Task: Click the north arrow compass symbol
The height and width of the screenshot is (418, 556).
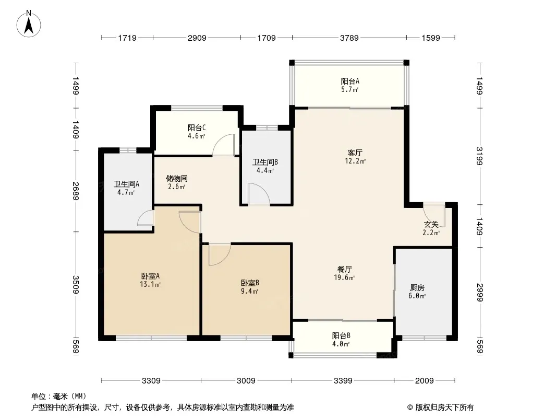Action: click(x=29, y=24)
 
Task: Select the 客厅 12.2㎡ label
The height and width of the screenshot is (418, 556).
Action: click(x=355, y=157)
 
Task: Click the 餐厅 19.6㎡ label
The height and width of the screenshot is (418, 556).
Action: click(x=344, y=273)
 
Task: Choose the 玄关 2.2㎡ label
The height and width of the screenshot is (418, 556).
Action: click(x=431, y=228)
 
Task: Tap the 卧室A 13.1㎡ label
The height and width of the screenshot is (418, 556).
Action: click(x=150, y=280)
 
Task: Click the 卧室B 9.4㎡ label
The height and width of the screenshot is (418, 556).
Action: click(x=250, y=287)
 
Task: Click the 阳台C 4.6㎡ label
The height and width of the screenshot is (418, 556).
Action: click(x=197, y=131)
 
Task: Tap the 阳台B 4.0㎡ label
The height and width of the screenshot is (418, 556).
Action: click(x=341, y=340)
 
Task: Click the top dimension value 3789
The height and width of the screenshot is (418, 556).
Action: click(x=349, y=38)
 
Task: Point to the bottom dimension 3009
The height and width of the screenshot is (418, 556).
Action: click(x=246, y=381)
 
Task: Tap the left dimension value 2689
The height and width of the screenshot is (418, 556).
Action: click(x=76, y=191)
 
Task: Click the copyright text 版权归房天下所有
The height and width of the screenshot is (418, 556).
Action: click(x=444, y=408)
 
